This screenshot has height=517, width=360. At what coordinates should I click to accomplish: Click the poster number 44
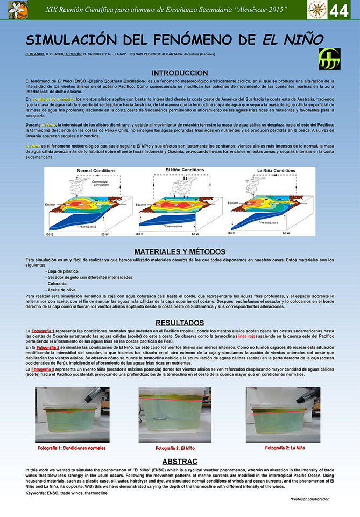click(339, 11)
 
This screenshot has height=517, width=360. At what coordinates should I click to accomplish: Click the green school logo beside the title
click(329, 58)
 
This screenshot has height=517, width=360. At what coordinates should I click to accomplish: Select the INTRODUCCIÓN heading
click(180, 73)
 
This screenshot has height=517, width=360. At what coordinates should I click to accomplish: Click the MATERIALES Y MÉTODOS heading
click(180, 251)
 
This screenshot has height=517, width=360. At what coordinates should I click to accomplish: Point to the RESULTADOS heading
click(180, 322)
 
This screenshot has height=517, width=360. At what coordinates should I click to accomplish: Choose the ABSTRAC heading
click(180, 462)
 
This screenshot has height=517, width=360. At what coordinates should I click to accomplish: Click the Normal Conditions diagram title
click(96, 171)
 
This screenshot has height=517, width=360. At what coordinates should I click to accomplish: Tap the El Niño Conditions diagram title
click(185, 170)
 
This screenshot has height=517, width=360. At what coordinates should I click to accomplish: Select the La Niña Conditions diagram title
click(276, 171)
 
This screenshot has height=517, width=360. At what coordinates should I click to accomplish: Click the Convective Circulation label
click(100, 183)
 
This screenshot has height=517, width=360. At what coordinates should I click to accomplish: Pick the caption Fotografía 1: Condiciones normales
click(72, 448)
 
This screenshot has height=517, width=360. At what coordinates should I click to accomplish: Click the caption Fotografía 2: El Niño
click(175, 448)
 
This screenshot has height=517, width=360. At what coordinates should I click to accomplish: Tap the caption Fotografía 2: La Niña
click(285, 448)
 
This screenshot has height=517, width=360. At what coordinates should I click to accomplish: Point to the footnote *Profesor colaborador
click(309, 499)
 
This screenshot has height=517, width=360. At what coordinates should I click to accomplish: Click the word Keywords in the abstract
click(36, 493)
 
